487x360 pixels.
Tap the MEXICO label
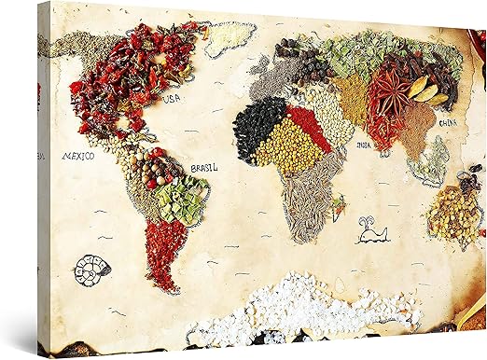[77, 157]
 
